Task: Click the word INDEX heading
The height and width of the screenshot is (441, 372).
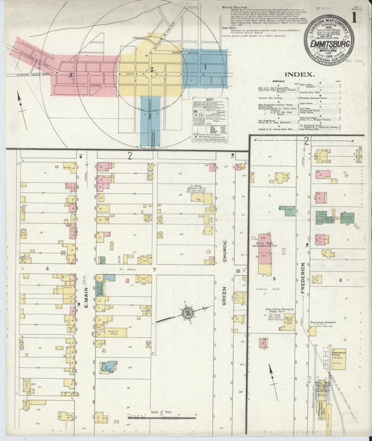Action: [300, 73]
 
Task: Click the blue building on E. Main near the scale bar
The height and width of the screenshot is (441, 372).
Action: [108, 366]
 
